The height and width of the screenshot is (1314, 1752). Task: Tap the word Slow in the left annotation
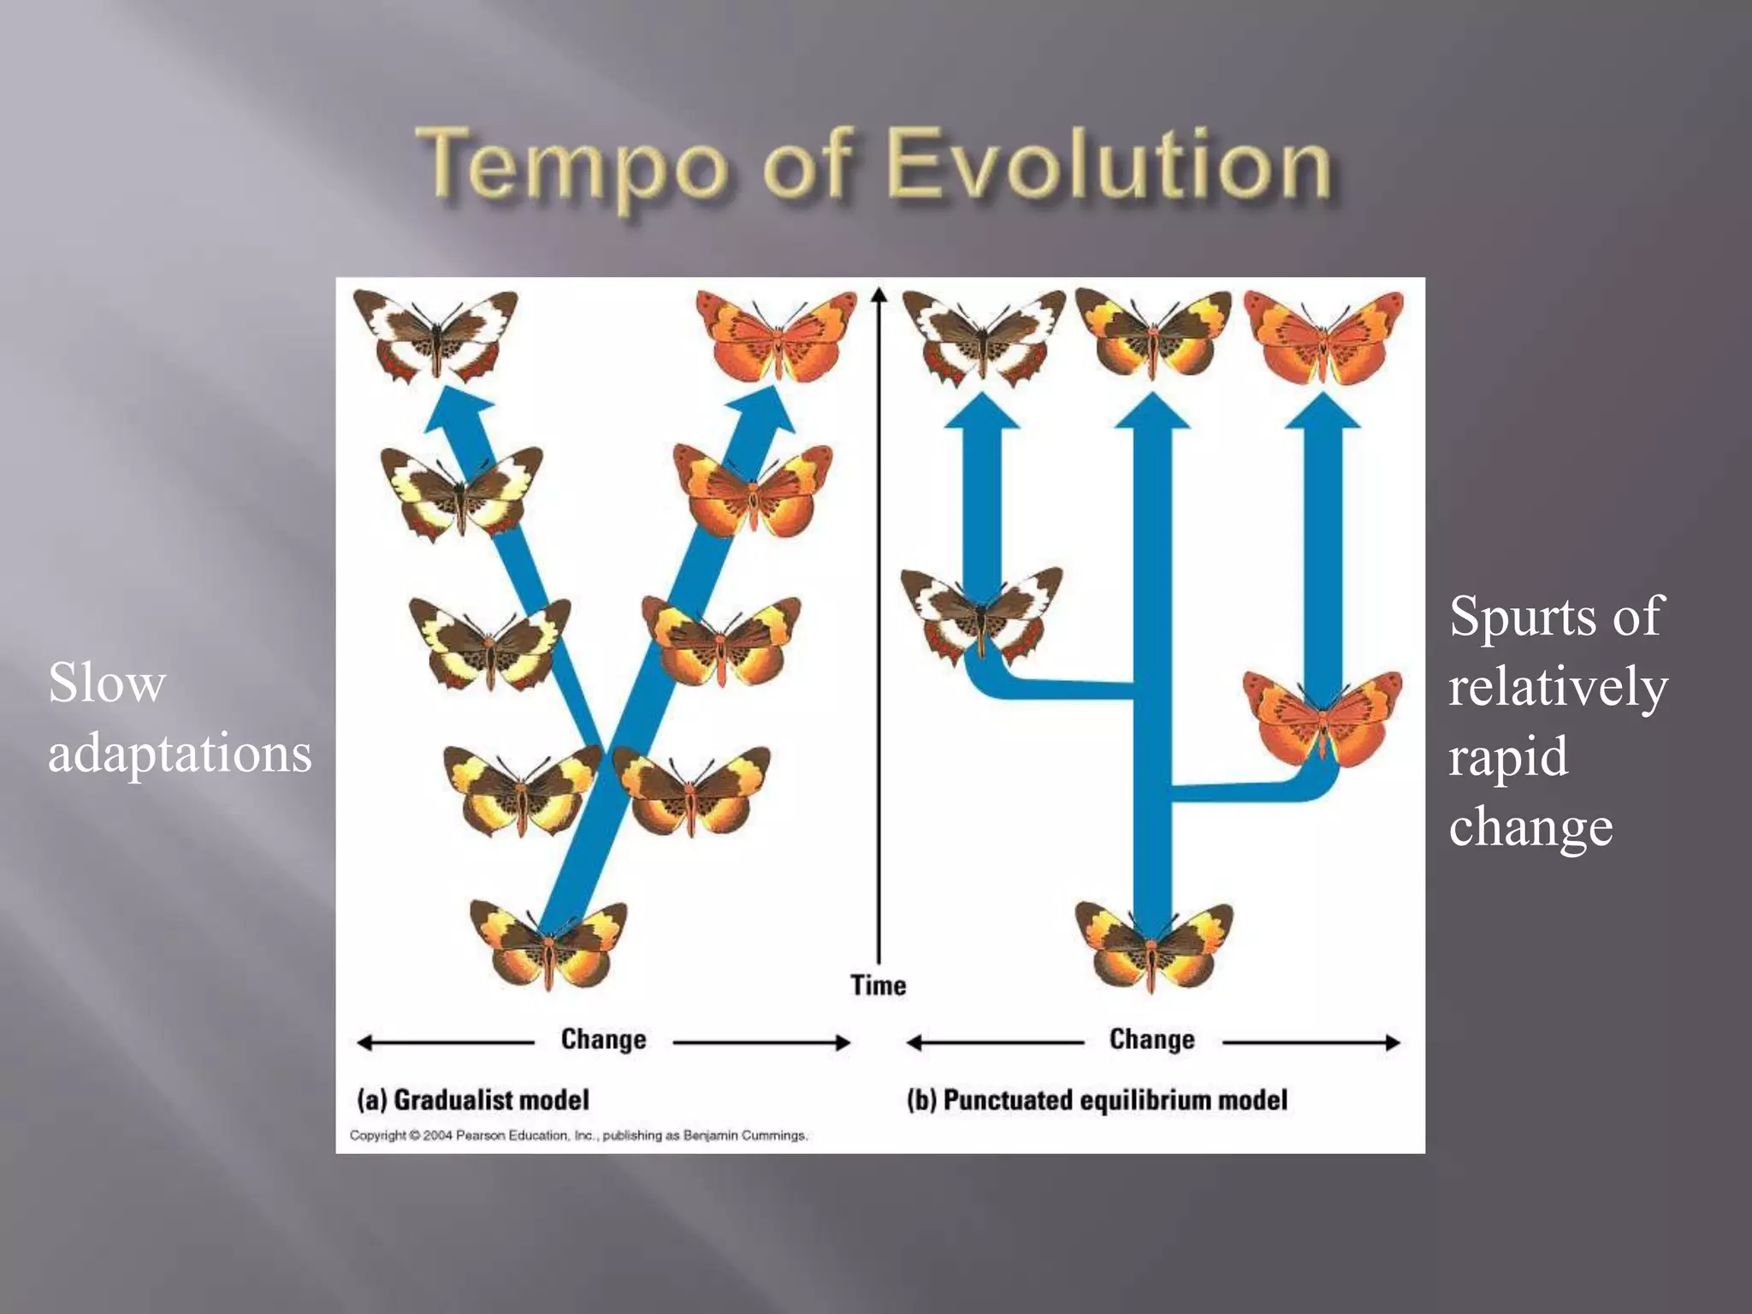point(107,684)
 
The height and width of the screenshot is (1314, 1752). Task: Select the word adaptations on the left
point(180,754)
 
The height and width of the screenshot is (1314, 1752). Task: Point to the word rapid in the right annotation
point(1508,756)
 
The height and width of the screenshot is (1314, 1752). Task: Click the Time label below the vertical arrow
point(878,985)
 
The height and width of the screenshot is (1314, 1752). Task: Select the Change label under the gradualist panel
point(603,1039)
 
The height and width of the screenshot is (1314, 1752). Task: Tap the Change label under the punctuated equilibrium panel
point(1151,1039)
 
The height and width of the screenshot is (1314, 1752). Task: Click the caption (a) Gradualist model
point(473,1099)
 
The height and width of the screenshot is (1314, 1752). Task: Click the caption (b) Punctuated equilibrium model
point(1097,1099)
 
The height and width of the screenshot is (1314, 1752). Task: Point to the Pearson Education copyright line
point(578,1135)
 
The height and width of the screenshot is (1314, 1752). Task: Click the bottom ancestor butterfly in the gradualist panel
point(548,944)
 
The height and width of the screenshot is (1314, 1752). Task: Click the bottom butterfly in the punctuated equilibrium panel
point(1153,944)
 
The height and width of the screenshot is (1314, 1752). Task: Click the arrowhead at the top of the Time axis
point(878,295)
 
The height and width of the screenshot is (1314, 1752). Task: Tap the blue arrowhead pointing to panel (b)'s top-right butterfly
point(1323,411)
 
